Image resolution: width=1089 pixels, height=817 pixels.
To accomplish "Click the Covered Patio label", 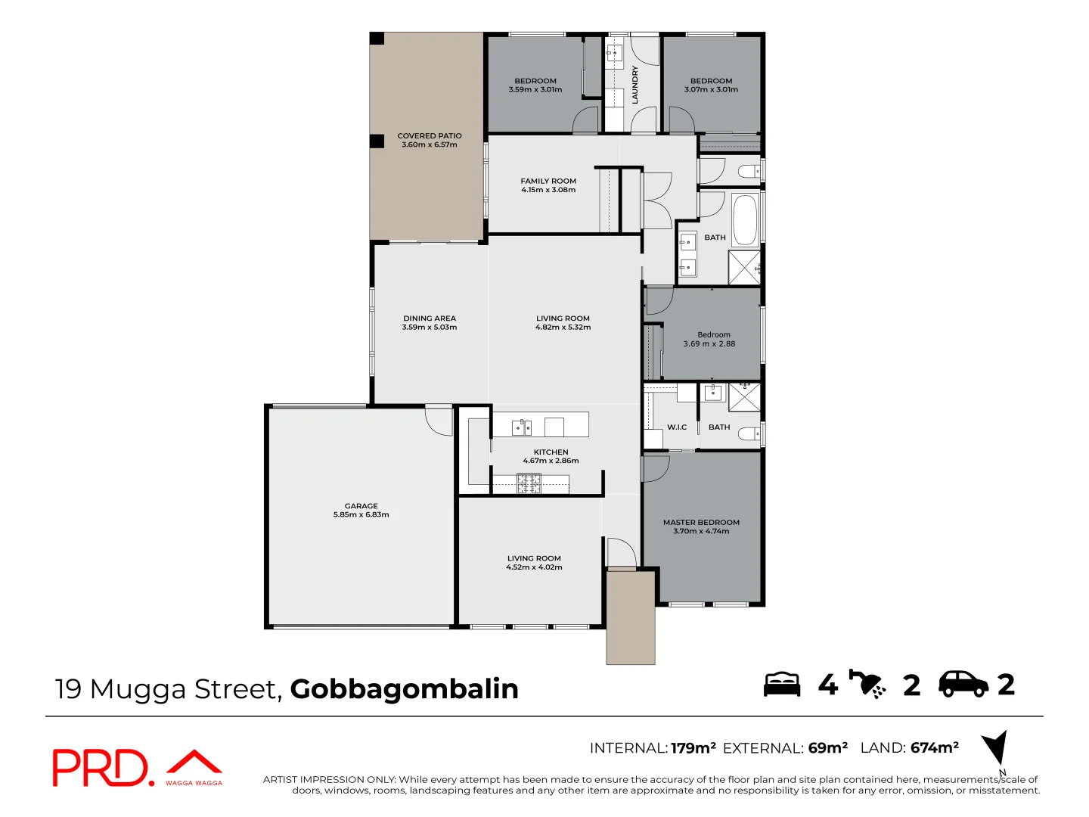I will click(429, 136).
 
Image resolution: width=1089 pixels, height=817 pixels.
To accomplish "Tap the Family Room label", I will click(548, 181).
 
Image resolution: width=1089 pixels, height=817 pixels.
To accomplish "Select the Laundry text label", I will click(635, 85).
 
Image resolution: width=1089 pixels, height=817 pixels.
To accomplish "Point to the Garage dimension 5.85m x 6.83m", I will click(361, 515).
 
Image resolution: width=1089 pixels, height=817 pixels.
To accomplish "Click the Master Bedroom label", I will click(701, 522).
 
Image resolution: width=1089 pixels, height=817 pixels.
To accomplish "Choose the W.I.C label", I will click(677, 427).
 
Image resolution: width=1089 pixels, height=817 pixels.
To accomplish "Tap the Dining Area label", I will click(430, 318).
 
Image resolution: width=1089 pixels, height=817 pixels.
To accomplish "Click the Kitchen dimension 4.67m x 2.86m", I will click(551, 461).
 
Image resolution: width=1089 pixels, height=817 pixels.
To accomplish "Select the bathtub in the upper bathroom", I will click(745, 220).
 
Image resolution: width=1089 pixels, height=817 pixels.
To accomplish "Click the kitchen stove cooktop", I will click(529, 483).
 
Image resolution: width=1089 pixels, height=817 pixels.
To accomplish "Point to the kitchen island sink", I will click(522, 427).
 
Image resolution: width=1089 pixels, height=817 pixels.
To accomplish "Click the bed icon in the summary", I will click(782, 684).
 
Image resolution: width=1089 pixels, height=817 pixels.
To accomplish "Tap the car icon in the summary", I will click(963, 684).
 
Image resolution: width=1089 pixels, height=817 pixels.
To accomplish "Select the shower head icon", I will click(867, 684).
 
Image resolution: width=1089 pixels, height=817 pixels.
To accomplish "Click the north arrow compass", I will click(996, 747).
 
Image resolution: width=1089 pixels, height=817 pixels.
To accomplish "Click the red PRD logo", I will click(103, 768).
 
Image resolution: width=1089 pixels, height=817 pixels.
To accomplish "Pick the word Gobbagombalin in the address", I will click(405, 689).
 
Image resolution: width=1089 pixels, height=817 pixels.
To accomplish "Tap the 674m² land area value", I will click(935, 747).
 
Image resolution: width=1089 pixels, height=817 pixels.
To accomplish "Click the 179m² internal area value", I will click(693, 748).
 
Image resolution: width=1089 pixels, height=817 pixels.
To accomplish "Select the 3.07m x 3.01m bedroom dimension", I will click(711, 90).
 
